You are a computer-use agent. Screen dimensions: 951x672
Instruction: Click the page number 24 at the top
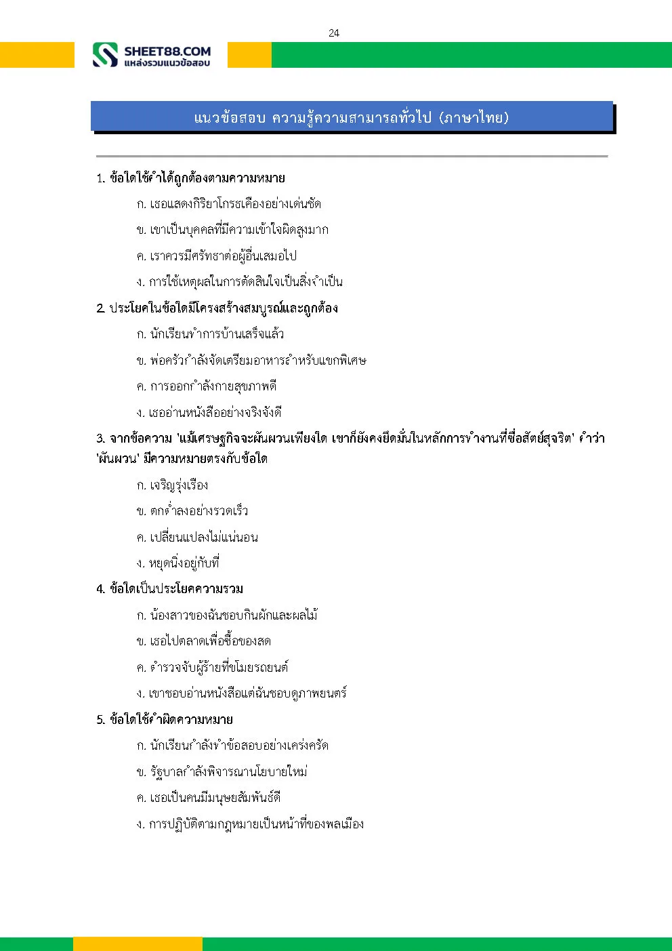[x=333, y=33]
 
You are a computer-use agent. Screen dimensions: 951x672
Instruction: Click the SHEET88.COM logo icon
[x=105, y=55]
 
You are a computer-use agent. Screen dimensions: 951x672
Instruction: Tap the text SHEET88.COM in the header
[x=167, y=51]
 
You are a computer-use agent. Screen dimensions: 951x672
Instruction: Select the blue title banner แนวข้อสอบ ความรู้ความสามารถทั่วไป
[x=352, y=117]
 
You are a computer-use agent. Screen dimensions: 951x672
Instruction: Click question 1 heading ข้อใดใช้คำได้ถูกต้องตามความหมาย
[x=190, y=178]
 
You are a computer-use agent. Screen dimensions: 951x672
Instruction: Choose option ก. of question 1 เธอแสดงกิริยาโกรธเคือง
[x=228, y=204]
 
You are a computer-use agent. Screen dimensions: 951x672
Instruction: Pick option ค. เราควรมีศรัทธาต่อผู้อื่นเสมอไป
[x=216, y=256]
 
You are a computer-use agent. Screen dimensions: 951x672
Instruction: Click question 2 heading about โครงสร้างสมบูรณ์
[x=217, y=308]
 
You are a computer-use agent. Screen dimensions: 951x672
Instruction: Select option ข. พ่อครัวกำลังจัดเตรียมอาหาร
[x=251, y=361]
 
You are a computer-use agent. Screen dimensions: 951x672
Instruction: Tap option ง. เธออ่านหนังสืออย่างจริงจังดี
[x=209, y=412]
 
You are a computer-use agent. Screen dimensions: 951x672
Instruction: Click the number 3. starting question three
[x=100, y=439]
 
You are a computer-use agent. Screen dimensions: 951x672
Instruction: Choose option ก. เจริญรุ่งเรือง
[x=172, y=485]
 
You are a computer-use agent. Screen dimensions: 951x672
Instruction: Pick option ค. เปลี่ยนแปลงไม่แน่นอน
[x=196, y=538]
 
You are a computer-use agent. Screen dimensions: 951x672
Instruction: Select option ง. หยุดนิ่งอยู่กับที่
[x=177, y=563]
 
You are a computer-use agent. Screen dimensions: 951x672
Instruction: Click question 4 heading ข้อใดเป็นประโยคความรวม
[x=169, y=589]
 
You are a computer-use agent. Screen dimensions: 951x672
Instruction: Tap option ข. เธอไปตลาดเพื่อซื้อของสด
[x=203, y=641]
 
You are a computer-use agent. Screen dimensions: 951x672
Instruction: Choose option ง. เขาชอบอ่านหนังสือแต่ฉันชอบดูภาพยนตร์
[x=241, y=693]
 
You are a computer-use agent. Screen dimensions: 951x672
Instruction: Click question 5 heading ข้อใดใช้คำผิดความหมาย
[x=165, y=719]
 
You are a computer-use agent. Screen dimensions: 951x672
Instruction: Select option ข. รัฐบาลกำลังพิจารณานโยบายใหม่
[x=222, y=772]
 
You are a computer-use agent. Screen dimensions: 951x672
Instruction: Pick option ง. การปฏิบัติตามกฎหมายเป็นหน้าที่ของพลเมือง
[x=250, y=824]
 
